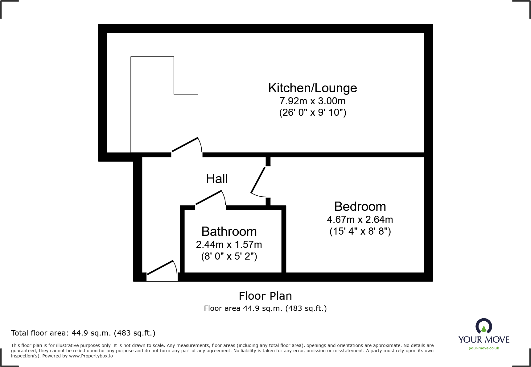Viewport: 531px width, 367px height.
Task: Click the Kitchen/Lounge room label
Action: click(312, 88)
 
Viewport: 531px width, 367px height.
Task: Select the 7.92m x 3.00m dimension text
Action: click(312, 101)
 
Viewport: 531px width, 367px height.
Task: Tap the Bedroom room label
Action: click(360, 206)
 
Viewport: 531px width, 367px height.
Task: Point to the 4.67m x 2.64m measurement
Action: click(360, 219)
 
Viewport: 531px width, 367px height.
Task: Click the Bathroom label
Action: click(229, 231)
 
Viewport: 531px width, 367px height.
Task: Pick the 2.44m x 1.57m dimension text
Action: click(229, 244)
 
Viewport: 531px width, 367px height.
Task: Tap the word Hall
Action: click(217, 179)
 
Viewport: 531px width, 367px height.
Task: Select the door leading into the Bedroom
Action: click(258, 180)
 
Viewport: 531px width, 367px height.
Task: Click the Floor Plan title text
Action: click(265, 296)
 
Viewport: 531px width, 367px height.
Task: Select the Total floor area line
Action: click(83, 333)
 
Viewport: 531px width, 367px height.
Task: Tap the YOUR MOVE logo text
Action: click(484, 340)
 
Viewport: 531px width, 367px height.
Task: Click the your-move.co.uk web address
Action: click(484, 348)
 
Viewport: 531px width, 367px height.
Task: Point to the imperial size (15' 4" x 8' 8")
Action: click(360, 231)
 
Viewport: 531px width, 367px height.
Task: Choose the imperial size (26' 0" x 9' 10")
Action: click(312, 112)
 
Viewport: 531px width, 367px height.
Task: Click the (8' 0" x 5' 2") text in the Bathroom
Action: click(229, 256)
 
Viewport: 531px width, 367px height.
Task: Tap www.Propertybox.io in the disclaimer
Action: click(91, 356)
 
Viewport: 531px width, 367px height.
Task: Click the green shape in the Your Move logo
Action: click(484, 329)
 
